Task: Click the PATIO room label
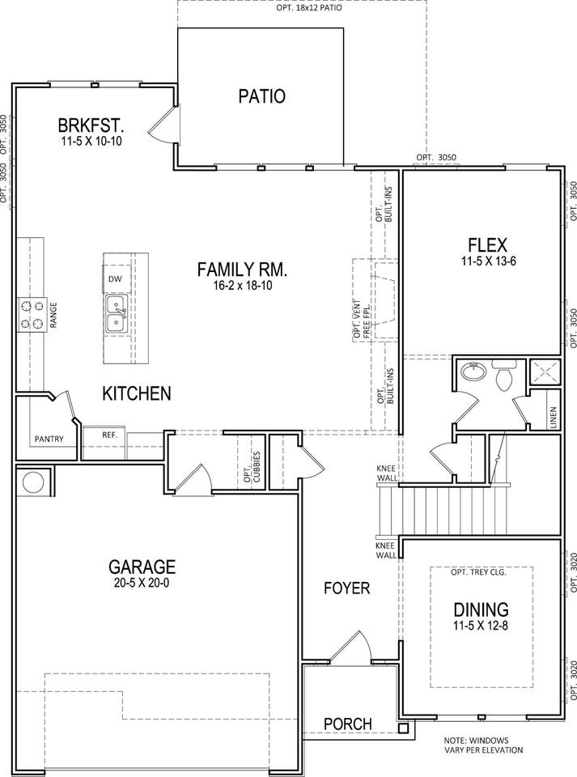pos(262,96)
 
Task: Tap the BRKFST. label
pos(91,125)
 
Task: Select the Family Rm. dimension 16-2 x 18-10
pos(243,286)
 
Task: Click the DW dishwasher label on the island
pos(115,279)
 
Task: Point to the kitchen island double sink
pos(117,315)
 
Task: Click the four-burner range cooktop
pos(32,315)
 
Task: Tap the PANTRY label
pos(49,439)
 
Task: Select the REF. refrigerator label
pos(110,435)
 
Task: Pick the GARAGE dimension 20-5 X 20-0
pos(142,583)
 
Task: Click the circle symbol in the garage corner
pos(33,482)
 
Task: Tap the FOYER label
pos(346,588)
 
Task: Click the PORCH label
pos(348,724)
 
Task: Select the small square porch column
pos(403,728)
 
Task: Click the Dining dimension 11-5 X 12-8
pos(481,626)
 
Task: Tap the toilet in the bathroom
pos(504,375)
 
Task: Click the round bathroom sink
pos(473,370)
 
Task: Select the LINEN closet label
pos(554,418)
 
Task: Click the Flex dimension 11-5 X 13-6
pos(489,261)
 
